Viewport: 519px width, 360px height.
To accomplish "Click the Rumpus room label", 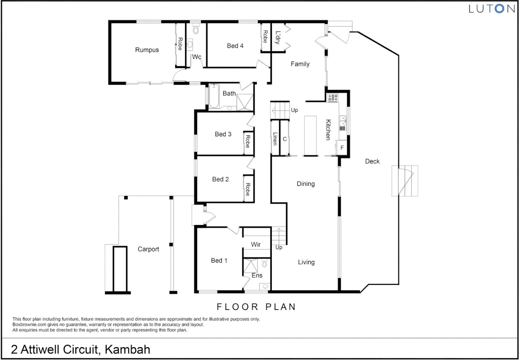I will click(x=147, y=50).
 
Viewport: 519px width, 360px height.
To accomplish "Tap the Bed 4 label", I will click(x=235, y=46).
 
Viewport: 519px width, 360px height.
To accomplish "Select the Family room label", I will click(x=300, y=64).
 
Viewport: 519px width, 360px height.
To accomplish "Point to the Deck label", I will click(x=372, y=161).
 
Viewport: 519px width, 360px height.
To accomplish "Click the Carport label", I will click(x=148, y=249).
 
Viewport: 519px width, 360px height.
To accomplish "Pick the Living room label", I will click(x=306, y=262).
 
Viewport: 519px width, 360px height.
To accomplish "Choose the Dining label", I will click(x=305, y=184).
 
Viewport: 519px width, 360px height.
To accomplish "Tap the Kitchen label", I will click(x=328, y=130).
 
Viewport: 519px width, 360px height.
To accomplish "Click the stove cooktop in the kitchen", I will click(x=332, y=98).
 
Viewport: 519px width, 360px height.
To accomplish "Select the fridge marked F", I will click(x=342, y=148).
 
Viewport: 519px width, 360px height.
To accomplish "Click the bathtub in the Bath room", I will click(x=214, y=96).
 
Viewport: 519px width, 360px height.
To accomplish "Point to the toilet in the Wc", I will click(x=196, y=30).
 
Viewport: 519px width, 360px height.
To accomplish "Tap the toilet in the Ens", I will click(x=265, y=264).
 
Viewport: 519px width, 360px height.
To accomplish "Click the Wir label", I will click(x=256, y=244).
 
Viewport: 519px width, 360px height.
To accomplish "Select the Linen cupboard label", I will click(x=275, y=139).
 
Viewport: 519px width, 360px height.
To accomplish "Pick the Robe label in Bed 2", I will click(x=248, y=189).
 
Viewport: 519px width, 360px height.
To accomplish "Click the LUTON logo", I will click(x=492, y=9).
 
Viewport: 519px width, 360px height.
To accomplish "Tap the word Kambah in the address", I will click(x=128, y=349).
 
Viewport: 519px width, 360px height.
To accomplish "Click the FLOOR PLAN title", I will click(x=256, y=307).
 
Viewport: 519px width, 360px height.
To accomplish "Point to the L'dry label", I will click(x=277, y=38).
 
